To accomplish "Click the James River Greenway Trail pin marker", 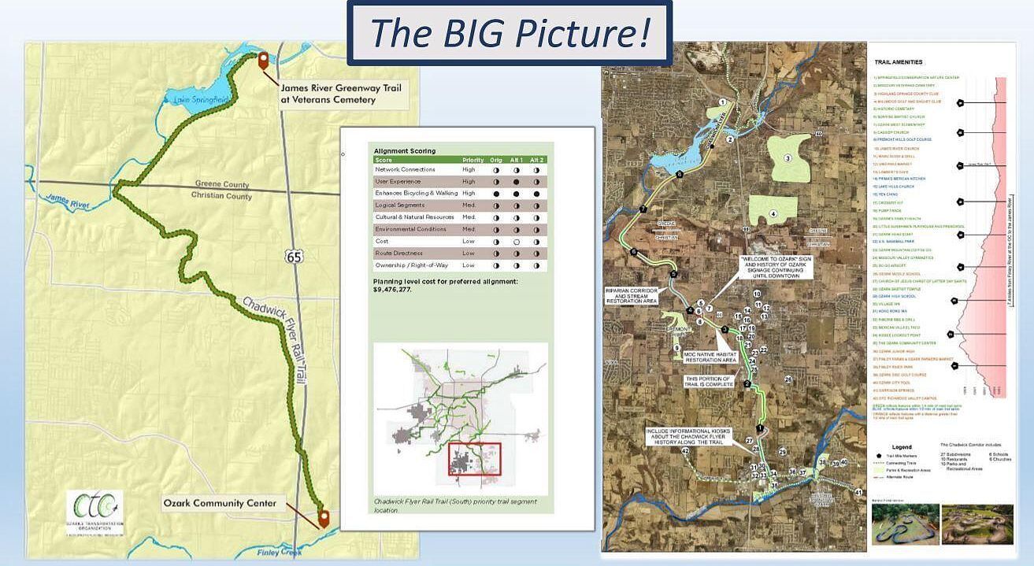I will pos(263,61).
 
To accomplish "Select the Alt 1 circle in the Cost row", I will pos(517,242).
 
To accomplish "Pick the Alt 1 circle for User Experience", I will pos(517,181).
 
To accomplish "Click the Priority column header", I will pos(473,160).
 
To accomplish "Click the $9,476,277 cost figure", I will pos(392,290).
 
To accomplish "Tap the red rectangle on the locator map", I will pos(474,459).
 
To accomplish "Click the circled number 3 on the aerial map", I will pos(787,158).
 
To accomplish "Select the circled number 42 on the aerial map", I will pos(684,451).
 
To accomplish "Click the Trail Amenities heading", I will pos(898,62).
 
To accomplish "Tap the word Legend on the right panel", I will pos(902,446).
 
